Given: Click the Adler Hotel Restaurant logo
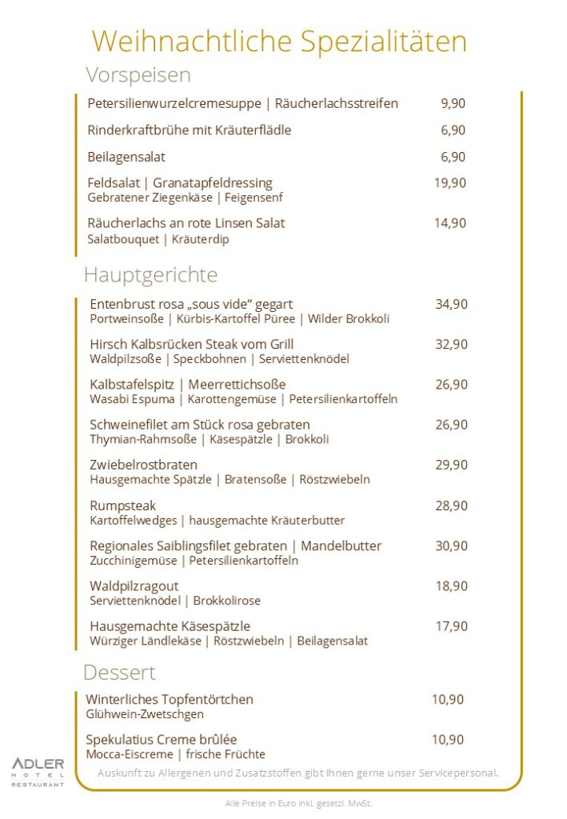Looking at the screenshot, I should tap(38, 772).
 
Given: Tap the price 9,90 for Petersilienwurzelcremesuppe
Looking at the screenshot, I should tap(453, 103).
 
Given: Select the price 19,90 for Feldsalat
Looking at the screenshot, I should tap(450, 182).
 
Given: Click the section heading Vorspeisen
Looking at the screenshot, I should tap(138, 75).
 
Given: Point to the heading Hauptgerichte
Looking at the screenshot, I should tap(150, 275).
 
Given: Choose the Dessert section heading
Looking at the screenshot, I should tap(119, 673).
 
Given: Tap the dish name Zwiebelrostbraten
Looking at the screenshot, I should tap(143, 465).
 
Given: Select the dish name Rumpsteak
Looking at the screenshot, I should tap(122, 505).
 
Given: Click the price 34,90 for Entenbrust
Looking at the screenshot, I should tap(451, 304).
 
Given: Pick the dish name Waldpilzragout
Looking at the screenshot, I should tap(134, 586).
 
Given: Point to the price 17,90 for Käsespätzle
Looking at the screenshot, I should tap(451, 626).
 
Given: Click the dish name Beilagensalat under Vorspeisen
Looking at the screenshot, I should tap(126, 157).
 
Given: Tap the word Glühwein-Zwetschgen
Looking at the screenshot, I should tap(145, 714).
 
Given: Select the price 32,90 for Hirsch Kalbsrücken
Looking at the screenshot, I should tap(451, 344).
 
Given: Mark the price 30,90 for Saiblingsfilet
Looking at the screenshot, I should tap(451, 545).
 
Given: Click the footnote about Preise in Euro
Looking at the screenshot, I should tap(298, 803).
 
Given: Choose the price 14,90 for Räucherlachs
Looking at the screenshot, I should tap(450, 223).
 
